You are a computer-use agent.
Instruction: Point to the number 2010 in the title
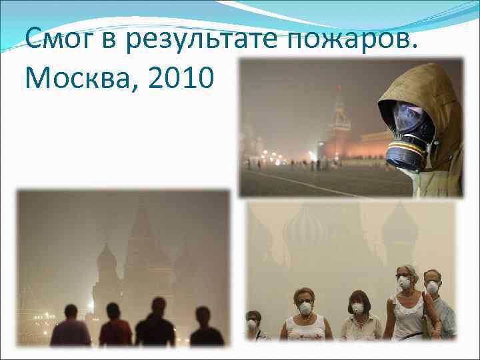(180, 78)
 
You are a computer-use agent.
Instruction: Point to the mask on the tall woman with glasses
(405, 283)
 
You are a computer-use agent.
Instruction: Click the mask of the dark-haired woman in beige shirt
(358, 307)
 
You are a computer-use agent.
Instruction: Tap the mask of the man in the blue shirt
(433, 287)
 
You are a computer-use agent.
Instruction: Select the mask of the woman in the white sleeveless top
(306, 309)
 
